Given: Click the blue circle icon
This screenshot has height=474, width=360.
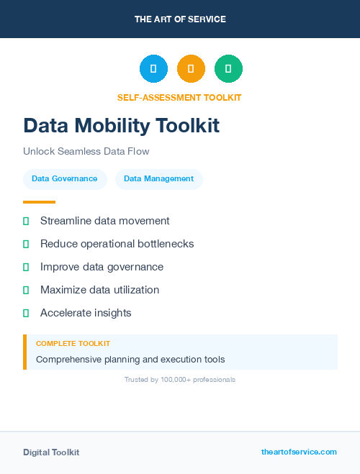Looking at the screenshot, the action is pyautogui.click(x=153, y=69).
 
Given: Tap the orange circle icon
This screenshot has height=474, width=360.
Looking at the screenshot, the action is pyautogui.click(x=191, y=69).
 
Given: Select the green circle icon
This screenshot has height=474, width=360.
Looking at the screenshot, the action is pyautogui.click(x=228, y=69).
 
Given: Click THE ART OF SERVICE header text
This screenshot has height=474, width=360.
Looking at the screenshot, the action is pyautogui.click(x=180, y=19).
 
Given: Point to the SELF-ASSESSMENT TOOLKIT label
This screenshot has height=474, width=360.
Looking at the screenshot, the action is pyautogui.click(x=179, y=97).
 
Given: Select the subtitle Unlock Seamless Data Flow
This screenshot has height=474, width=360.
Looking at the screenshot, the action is pyautogui.click(x=86, y=152).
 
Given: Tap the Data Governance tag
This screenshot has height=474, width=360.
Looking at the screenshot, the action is pyautogui.click(x=65, y=178).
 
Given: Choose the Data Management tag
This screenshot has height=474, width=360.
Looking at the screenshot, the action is pyautogui.click(x=158, y=178).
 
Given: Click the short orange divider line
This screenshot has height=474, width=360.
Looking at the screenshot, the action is pyautogui.click(x=39, y=202).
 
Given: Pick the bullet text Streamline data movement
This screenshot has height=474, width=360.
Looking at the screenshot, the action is pyautogui.click(x=105, y=221).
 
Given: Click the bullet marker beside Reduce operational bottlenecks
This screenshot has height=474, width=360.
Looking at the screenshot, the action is pyautogui.click(x=26, y=245).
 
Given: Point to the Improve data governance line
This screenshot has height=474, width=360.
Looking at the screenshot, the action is pyautogui.click(x=102, y=267).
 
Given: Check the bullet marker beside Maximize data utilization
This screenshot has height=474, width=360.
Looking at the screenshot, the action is pyautogui.click(x=26, y=291).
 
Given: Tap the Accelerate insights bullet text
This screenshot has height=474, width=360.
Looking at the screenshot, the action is pyautogui.click(x=86, y=313).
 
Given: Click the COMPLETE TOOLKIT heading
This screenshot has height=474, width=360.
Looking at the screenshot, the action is pyautogui.click(x=73, y=344).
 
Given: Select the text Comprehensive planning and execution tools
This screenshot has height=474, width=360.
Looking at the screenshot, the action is pyautogui.click(x=130, y=359).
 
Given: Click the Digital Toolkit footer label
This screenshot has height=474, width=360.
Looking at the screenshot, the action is pyautogui.click(x=51, y=452).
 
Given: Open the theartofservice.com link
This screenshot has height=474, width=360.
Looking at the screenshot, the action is pyautogui.click(x=299, y=452).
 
